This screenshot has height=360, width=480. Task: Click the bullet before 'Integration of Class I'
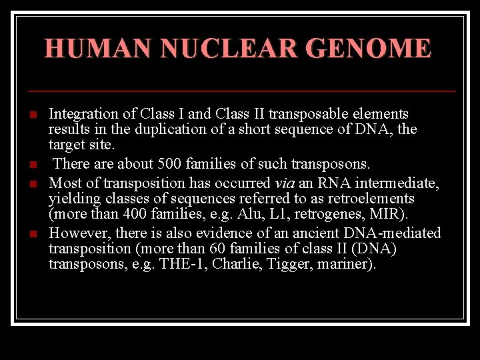tap(33, 115)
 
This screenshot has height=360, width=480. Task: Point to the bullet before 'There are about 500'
tap(33, 164)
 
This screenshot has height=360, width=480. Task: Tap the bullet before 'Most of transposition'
tap(33, 183)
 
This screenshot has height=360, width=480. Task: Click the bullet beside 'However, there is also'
tap(33, 233)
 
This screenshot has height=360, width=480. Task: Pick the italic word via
tap(285, 183)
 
